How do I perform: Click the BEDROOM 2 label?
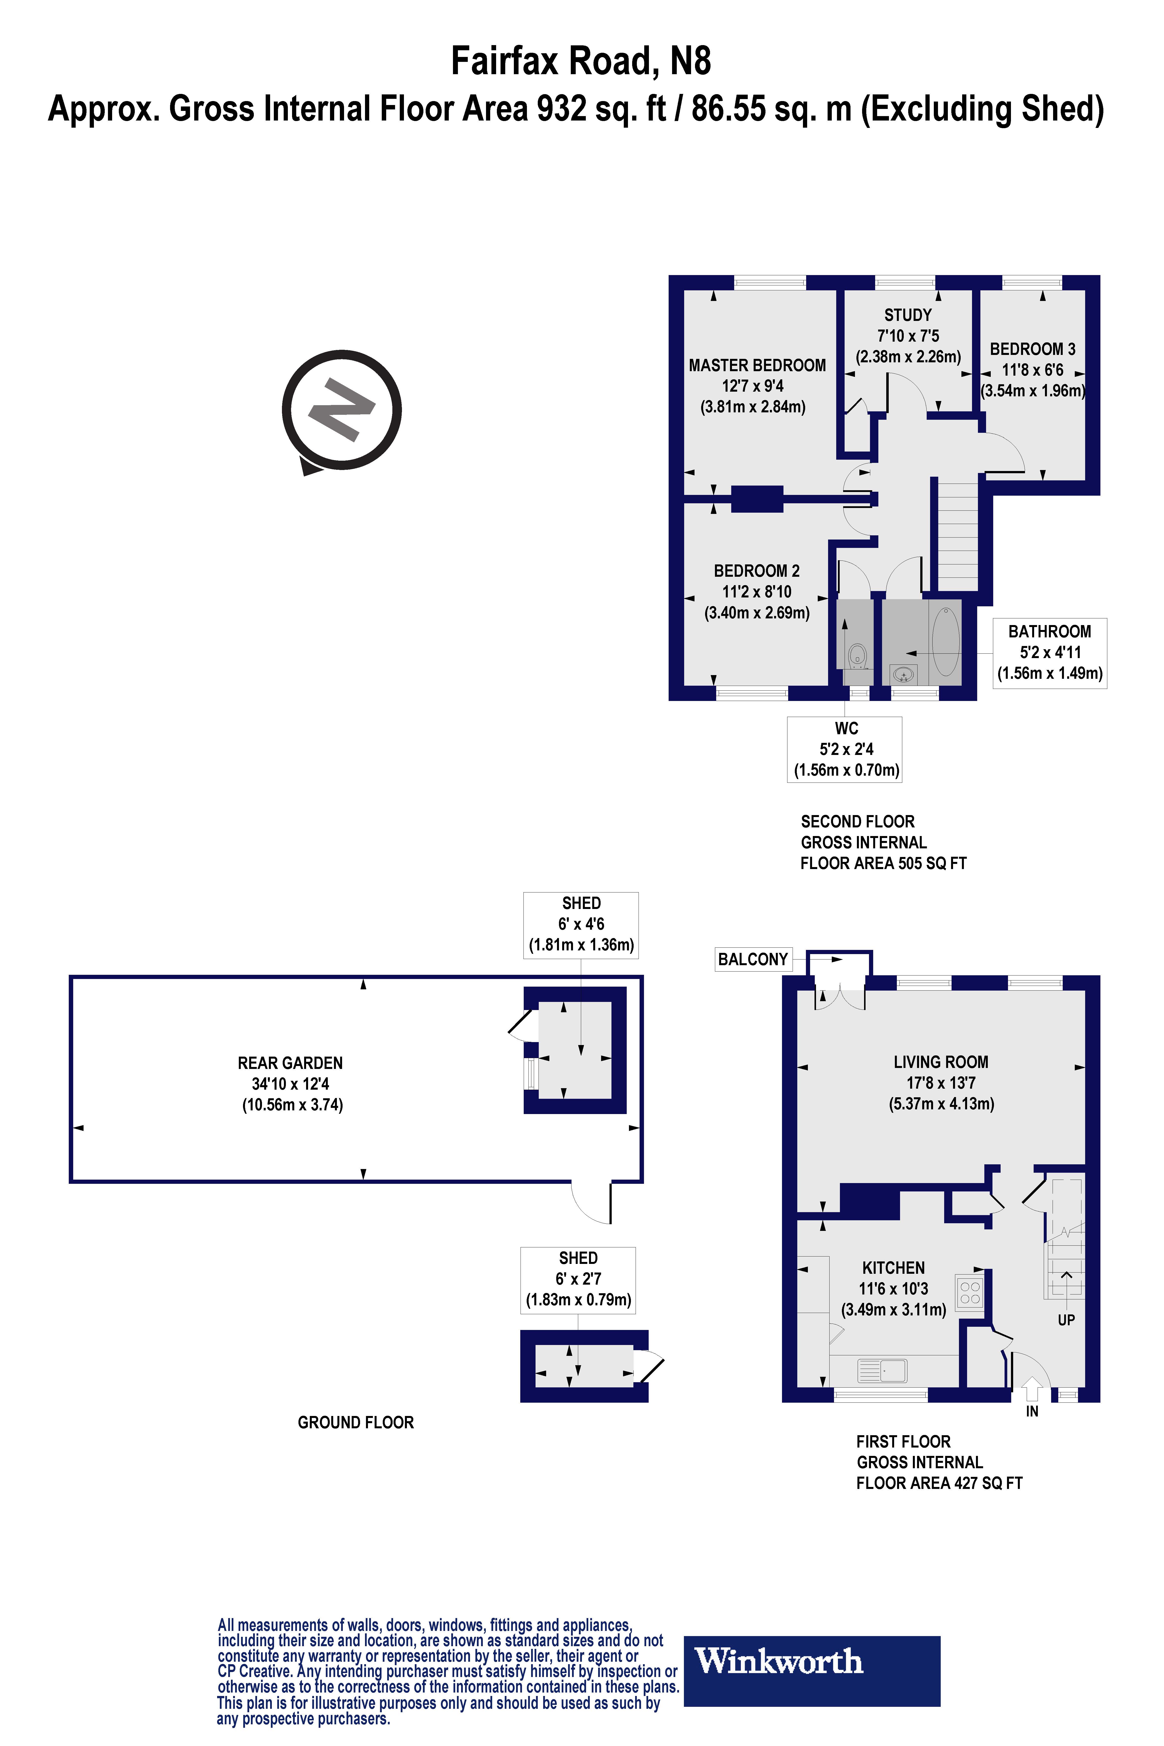coord(756,571)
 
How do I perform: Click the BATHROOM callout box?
coord(1050,652)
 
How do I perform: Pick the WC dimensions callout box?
coord(845,749)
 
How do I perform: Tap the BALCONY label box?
coord(753,959)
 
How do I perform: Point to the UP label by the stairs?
coord(1066,1320)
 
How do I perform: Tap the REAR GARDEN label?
coord(290,1063)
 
